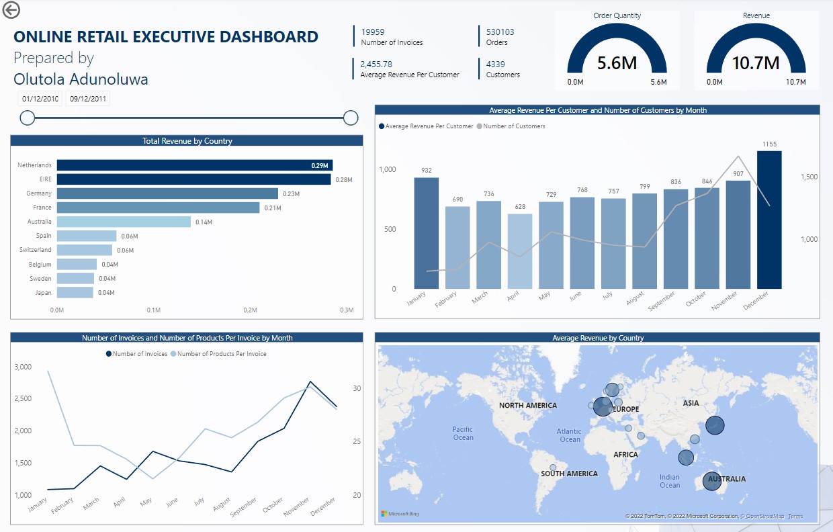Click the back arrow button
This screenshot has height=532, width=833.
tap(11, 9)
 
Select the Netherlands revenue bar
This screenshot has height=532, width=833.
tap(194, 165)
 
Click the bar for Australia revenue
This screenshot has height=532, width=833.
tap(124, 222)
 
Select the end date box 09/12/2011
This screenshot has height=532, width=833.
tap(88, 99)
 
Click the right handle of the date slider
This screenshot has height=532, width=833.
tap(351, 118)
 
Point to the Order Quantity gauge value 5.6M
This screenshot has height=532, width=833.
tap(617, 63)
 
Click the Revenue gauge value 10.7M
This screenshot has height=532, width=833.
tap(756, 63)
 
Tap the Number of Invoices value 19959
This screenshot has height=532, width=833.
tap(373, 32)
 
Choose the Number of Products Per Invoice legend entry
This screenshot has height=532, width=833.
tap(221, 354)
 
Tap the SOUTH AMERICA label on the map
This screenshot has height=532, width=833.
tap(569, 474)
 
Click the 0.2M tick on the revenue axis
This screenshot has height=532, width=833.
tap(250, 310)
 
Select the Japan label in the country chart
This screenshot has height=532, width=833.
tap(43, 293)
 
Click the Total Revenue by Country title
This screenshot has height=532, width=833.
tap(187, 141)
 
